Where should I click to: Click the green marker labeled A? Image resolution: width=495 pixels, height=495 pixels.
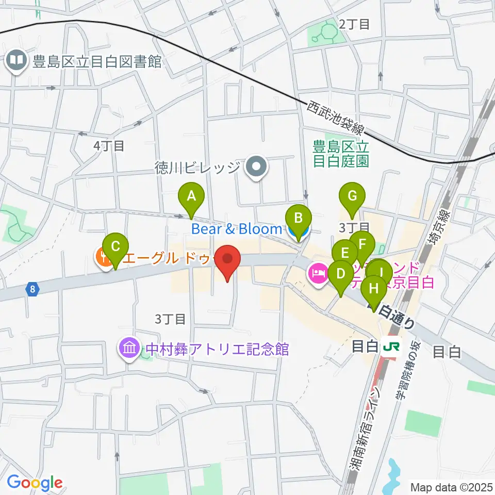[x=191, y=196]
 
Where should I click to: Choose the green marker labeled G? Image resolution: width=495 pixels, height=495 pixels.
[x=352, y=196]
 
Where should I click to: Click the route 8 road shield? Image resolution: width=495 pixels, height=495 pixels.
[x=33, y=290]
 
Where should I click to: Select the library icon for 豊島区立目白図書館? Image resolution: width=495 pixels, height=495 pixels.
[x=17, y=62]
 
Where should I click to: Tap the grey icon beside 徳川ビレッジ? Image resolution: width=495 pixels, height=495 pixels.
[x=255, y=168]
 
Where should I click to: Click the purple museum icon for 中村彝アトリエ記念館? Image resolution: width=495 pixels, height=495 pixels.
[x=128, y=349]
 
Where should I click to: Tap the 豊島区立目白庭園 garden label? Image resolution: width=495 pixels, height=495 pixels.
[x=341, y=154]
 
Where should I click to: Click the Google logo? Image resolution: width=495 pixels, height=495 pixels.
[x=35, y=483]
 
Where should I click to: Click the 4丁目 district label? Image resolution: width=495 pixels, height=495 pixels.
[x=109, y=146]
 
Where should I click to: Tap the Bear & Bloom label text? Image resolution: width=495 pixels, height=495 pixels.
[x=237, y=228]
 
